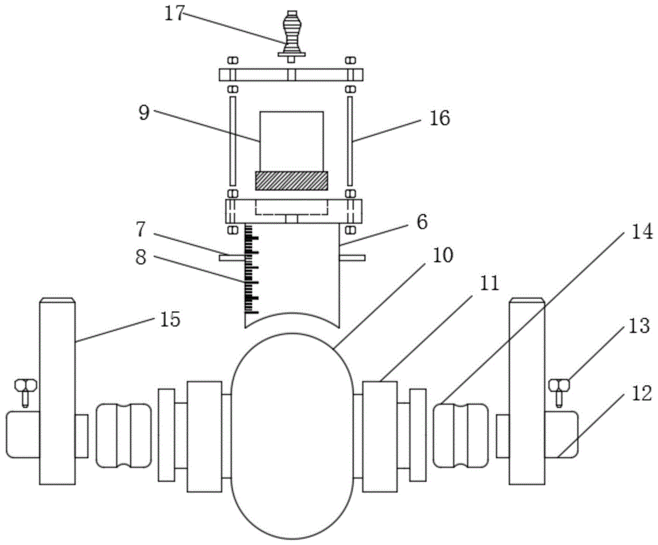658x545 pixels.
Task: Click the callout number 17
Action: pos(174,14)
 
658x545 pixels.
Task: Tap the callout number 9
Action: pos(144,113)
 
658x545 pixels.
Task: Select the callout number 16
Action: pos(440,118)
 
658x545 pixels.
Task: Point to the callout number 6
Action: pos(422,222)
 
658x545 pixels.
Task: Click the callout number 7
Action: pos(140,229)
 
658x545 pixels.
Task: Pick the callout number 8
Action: pos(141,257)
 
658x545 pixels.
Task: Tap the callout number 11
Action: pos(489,283)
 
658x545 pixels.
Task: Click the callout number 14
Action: pos(642,231)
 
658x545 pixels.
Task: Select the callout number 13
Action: pos(640,326)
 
